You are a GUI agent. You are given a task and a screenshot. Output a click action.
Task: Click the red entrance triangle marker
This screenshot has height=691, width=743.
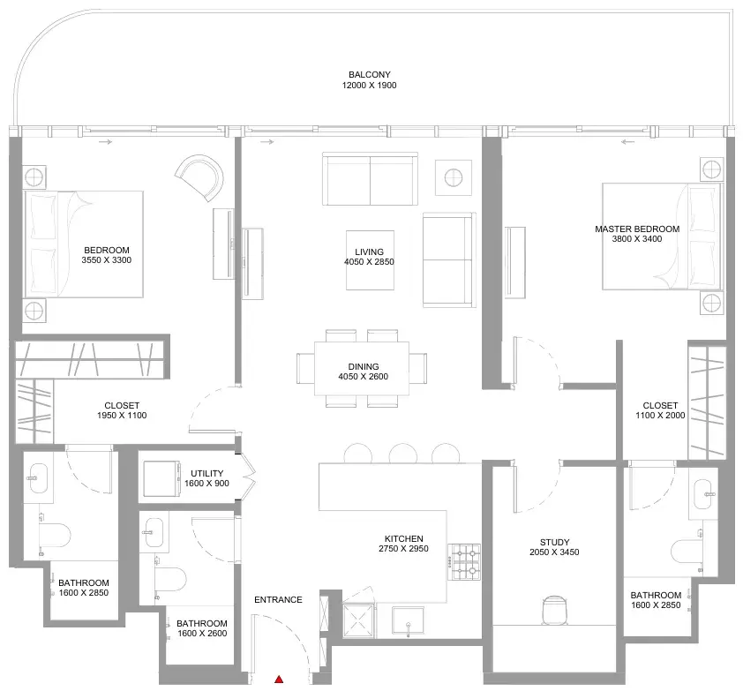[x=279, y=680]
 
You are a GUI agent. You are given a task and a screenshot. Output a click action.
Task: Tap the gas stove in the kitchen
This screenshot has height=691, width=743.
[x=464, y=562]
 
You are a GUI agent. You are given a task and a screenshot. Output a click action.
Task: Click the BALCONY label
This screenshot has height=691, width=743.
[x=370, y=74]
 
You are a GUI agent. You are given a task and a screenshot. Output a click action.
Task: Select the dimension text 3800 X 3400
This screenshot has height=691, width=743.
[x=637, y=239]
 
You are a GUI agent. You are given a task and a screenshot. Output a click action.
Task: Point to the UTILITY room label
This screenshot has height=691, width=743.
[x=206, y=473]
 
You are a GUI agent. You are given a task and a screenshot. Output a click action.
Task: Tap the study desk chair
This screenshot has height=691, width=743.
[x=554, y=609]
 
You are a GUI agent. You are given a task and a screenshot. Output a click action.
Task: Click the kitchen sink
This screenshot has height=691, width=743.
[x=408, y=620]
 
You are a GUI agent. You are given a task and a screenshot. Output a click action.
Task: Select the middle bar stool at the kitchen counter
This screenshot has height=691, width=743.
[x=402, y=454]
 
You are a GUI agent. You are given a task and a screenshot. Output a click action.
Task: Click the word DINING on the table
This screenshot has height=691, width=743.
[x=364, y=366]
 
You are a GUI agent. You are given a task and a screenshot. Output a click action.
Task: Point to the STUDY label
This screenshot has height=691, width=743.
[x=554, y=542]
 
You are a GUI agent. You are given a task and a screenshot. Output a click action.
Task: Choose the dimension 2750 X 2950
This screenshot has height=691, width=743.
[x=403, y=548]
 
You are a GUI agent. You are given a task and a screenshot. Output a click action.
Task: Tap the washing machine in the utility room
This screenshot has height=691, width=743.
[x=161, y=478]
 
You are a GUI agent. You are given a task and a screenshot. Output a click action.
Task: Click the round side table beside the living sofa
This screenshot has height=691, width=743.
[x=454, y=177]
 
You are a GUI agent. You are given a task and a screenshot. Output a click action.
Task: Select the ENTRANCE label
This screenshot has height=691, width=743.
[x=278, y=599]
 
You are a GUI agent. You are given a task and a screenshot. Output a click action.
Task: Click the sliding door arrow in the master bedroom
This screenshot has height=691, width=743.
[x=628, y=141]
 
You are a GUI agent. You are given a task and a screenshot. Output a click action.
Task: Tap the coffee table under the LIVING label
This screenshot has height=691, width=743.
[x=370, y=259]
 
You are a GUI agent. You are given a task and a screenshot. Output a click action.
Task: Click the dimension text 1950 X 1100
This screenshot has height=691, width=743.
[x=122, y=415]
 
